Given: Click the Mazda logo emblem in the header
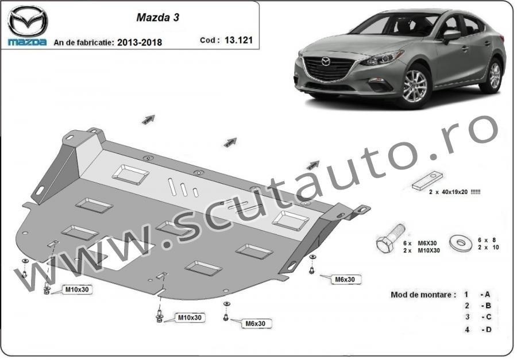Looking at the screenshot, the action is point(28,21).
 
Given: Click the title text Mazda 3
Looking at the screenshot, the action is point(157,17).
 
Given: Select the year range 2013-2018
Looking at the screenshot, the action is point(140,42).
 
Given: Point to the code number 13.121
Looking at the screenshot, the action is point(239,40).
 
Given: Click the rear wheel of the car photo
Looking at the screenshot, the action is point(494,75).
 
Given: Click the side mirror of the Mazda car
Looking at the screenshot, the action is point(451,36).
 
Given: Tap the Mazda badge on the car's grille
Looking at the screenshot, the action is point(326,61).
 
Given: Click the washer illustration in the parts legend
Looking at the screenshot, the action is point(461,243).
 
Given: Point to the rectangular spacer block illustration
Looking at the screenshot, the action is point(427,181).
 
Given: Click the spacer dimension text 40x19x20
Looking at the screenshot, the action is point(455,192).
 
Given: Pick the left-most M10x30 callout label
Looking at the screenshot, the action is point(77,289).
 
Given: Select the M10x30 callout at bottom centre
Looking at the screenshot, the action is point(190,318).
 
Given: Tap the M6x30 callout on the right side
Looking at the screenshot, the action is point(345,280).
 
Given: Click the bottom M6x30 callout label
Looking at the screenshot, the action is point(255,324).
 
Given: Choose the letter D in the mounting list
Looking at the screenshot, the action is point(488,329).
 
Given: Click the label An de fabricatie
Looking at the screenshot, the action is point(84,42).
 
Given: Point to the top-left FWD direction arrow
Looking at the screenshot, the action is point(148,119).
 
